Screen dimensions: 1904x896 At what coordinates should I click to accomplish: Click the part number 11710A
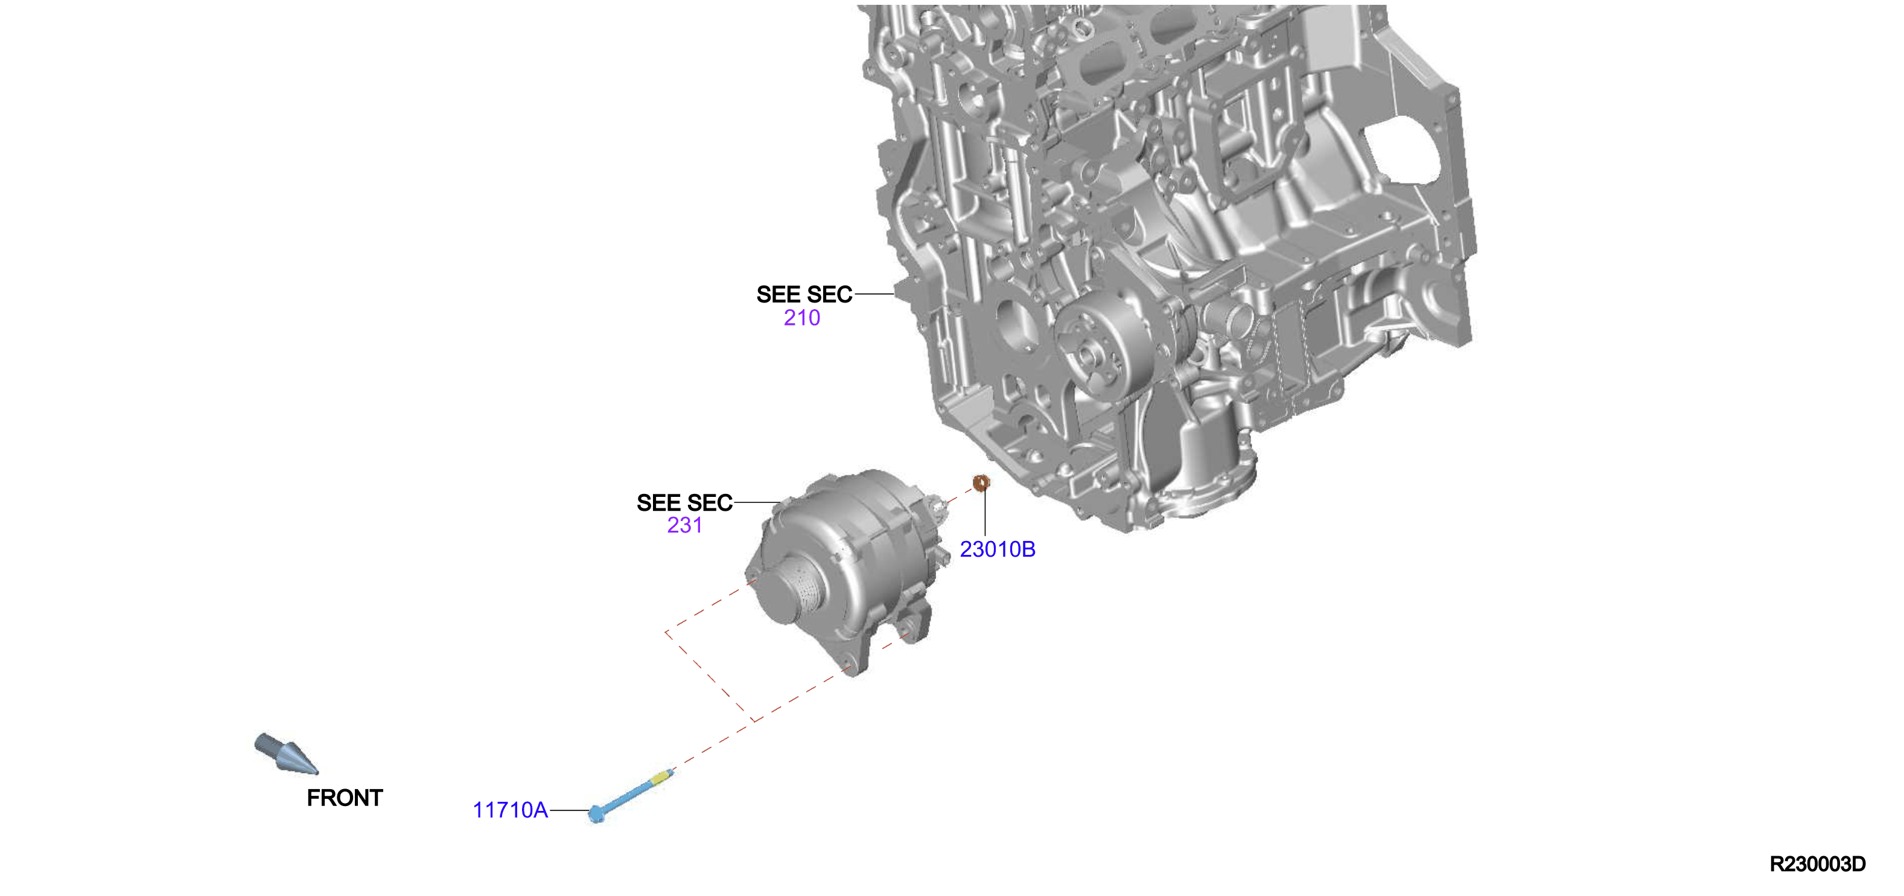[510, 810]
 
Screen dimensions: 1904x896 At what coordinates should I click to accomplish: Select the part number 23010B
[997, 549]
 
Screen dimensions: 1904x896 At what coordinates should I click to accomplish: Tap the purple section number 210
[802, 318]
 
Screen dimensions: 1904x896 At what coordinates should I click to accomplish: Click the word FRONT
[345, 798]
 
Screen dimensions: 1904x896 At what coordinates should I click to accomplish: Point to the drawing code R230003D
[1818, 864]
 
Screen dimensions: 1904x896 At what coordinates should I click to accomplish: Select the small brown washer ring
[981, 483]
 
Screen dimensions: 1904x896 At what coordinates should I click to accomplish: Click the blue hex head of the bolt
[596, 814]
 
